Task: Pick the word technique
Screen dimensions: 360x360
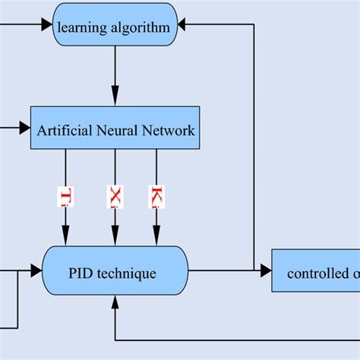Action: pyautogui.click(x=130, y=271)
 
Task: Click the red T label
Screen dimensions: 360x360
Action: pyautogui.click(x=66, y=197)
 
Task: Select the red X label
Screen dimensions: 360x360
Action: pyautogui.click(x=115, y=196)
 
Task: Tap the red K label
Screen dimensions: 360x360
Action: pyautogui.click(x=157, y=196)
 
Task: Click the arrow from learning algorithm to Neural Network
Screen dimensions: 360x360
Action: pyautogui.click(x=115, y=76)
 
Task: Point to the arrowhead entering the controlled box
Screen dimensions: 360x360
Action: pyautogui.click(x=266, y=270)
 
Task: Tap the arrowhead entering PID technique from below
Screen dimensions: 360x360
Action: pyautogui.click(x=115, y=302)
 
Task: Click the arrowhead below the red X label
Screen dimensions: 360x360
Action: pyautogui.click(x=115, y=231)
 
